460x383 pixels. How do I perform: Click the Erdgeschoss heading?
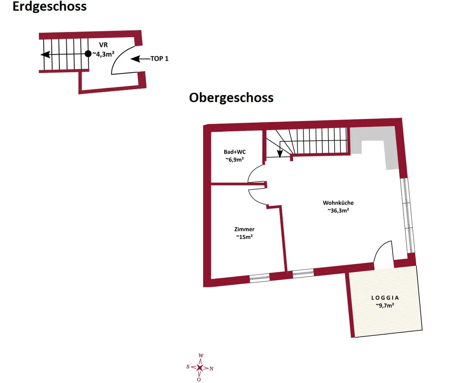click(49, 7)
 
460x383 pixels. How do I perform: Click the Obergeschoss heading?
click(231, 98)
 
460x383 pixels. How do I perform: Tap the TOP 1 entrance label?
click(159, 59)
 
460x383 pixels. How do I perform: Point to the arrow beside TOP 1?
click(141, 59)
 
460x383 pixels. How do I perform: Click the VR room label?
click(103, 45)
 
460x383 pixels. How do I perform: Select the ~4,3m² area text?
click(103, 54)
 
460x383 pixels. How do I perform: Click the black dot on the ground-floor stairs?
click(88, 54)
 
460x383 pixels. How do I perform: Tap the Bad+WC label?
click(235, 152)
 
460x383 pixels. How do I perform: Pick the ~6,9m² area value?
click(235, 159)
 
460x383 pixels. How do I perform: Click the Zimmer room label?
click(244, 229)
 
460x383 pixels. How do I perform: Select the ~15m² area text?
click(244, 237)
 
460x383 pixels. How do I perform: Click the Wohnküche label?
click(338, 203)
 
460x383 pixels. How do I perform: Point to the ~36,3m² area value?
click(338, 210)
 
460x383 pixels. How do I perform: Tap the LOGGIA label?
click(385, 298)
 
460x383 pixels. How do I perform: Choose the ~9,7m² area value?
click(385, 306)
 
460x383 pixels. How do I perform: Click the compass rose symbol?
click(200, 368)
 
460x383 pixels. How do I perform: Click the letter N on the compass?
click(211, 369)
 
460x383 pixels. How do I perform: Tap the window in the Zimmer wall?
click(260, 278)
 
